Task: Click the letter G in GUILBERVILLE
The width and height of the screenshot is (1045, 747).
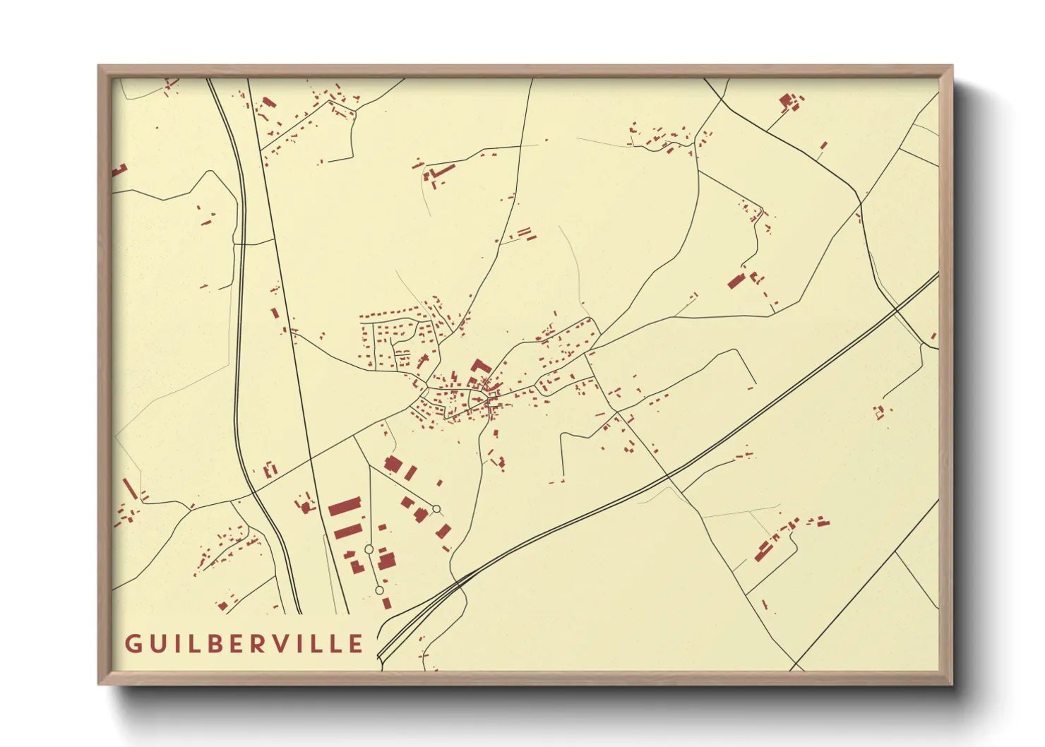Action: coord(132,644)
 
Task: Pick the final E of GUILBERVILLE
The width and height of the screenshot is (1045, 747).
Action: coord(357,644)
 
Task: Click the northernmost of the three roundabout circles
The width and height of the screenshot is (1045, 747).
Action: coord(436,508)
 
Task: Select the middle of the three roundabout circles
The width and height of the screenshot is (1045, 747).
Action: coord(369,549)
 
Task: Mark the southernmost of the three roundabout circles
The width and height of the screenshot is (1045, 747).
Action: coord(379,590)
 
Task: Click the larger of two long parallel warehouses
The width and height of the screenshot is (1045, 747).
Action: coord(345,507)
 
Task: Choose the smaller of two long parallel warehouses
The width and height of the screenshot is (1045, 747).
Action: coord(347,531)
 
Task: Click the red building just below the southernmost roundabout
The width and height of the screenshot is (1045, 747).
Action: coord(386,603)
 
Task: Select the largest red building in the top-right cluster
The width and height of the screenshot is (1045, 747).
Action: coord(786,100)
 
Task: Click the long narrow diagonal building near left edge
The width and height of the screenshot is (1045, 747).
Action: coord(129,488)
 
